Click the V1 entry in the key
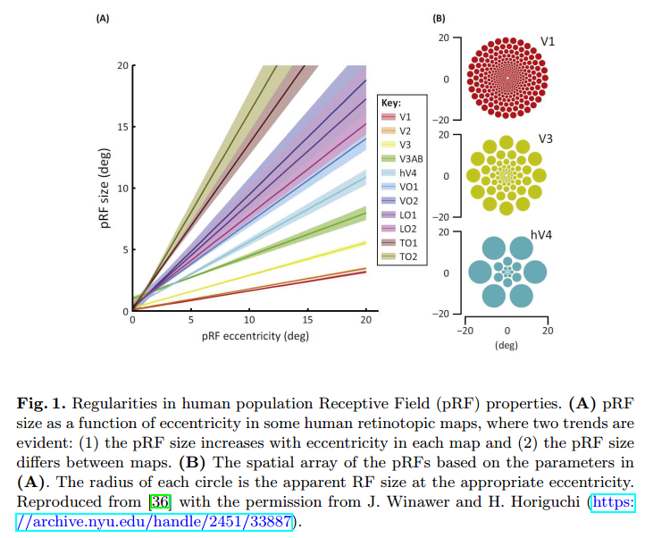(405, 117)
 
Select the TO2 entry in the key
(406, 256)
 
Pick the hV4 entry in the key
(406, 172)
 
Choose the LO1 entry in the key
(406, 214)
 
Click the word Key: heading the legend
(391, 103)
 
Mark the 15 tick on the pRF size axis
(123, 127)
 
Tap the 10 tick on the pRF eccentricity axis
(249, 319)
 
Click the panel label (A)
(103, 17)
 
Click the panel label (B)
(439, 17)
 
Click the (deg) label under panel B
(507, 344)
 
